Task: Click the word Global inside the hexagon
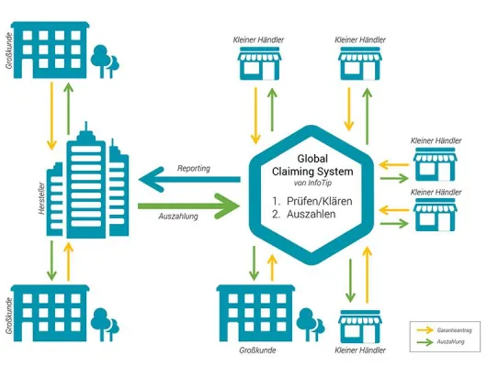pos(314,157)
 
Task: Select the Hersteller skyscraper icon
pos(86,179)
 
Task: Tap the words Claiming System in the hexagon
pos(314,171)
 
